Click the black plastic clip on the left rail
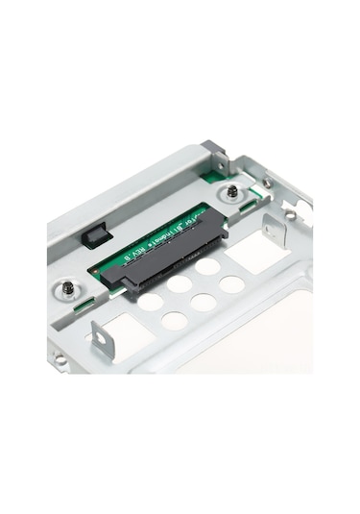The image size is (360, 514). pyautogui.click(x=95, y=233)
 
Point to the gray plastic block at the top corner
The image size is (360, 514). pyautogui.click(x=214, y=154)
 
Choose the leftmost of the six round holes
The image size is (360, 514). pyautogui.click(x=150, y=302)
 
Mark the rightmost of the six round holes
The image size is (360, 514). pyautogui.click(x=231, y=284)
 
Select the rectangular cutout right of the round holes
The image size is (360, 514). pyautogui.click(x=254, y=252)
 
